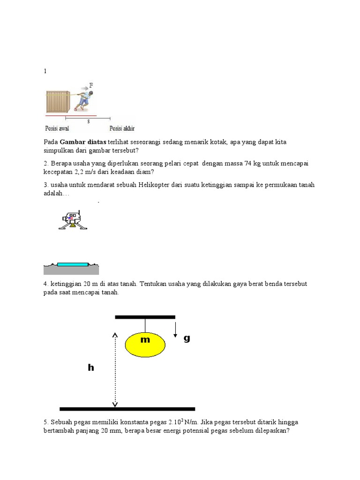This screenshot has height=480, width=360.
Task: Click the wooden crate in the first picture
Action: coord(58,101)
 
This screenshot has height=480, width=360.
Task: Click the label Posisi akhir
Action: coord(121,128)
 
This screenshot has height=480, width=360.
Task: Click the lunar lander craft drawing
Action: coord(73,220)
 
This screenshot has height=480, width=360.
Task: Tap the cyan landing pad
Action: coord(72,264)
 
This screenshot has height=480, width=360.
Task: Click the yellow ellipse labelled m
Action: coord(145,344)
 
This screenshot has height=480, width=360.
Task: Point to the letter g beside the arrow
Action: coord(187,338)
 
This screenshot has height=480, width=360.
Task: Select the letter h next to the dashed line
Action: coord(91,368)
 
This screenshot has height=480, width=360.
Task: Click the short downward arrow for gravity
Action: coord(175,329)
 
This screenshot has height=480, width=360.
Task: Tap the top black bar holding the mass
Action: coord(145,317)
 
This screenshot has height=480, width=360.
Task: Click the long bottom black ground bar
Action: coord(127,409)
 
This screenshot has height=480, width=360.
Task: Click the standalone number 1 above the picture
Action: coord(45,71)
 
